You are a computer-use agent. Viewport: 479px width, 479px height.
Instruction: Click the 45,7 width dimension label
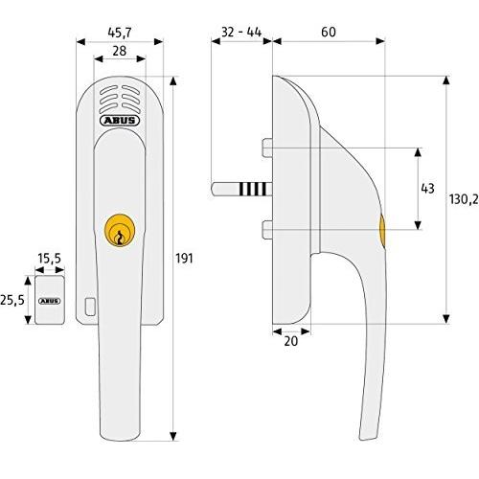[120, 33]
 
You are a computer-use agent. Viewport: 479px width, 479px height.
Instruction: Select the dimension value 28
[120, 51]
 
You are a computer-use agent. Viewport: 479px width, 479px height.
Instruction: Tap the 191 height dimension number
[184, 259]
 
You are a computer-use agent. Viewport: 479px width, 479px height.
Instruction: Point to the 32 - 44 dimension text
[241, 32]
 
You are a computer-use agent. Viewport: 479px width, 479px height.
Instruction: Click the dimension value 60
[329, 32]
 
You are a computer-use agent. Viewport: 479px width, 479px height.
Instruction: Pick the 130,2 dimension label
[464, 199]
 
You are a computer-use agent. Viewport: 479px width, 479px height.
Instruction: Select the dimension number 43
[427, 189]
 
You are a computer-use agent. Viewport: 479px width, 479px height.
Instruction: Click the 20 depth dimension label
[290, 341]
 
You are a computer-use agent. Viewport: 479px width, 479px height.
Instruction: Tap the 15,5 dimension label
[49, 259]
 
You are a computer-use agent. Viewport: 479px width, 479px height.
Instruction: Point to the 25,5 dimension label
[12, 300]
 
